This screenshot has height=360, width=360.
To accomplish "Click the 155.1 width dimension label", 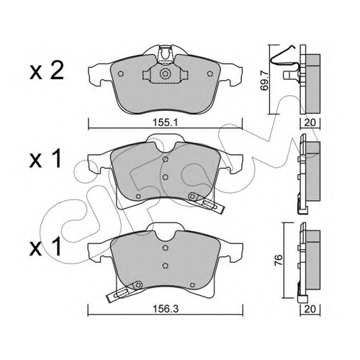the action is [165, 123].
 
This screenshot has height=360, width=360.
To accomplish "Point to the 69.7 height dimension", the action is [264, 79].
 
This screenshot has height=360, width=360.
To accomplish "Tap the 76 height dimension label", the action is [279, 260].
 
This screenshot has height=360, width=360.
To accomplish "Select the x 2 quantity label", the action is [47, 71].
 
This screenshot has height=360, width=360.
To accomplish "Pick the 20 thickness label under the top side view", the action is [310, 122].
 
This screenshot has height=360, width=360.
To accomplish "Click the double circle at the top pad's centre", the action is [165, 73].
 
